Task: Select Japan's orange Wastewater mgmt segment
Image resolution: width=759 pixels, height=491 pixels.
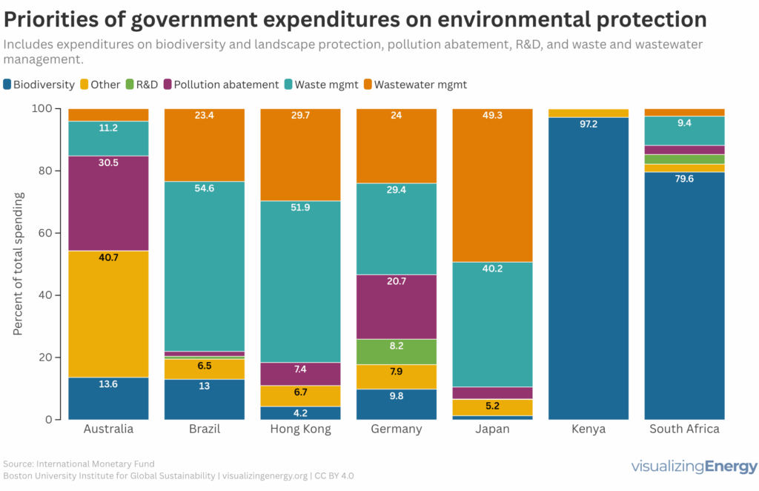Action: (493, 185)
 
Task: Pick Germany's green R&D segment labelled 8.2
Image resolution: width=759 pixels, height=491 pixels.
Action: (397, 352)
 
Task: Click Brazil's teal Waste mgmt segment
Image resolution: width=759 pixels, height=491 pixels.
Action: (204, 266)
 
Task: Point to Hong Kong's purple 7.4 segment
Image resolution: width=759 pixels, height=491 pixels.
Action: (300, 374)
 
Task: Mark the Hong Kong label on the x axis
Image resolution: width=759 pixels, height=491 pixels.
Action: (300, 429)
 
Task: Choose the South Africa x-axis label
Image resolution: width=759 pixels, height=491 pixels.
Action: (684, 429)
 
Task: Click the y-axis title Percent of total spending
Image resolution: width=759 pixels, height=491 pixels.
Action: (18, 263)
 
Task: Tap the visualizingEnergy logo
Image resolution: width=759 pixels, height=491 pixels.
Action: (694, 467)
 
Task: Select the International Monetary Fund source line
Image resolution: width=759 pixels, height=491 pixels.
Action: (73, 464)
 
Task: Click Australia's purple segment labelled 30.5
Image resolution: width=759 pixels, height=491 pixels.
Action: (108, 203)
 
